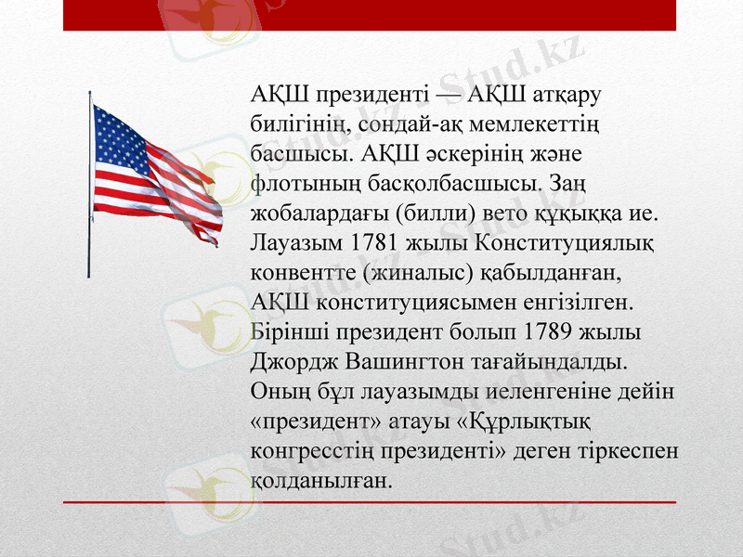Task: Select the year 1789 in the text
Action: [550, 331]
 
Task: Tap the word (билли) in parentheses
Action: [432, 214]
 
